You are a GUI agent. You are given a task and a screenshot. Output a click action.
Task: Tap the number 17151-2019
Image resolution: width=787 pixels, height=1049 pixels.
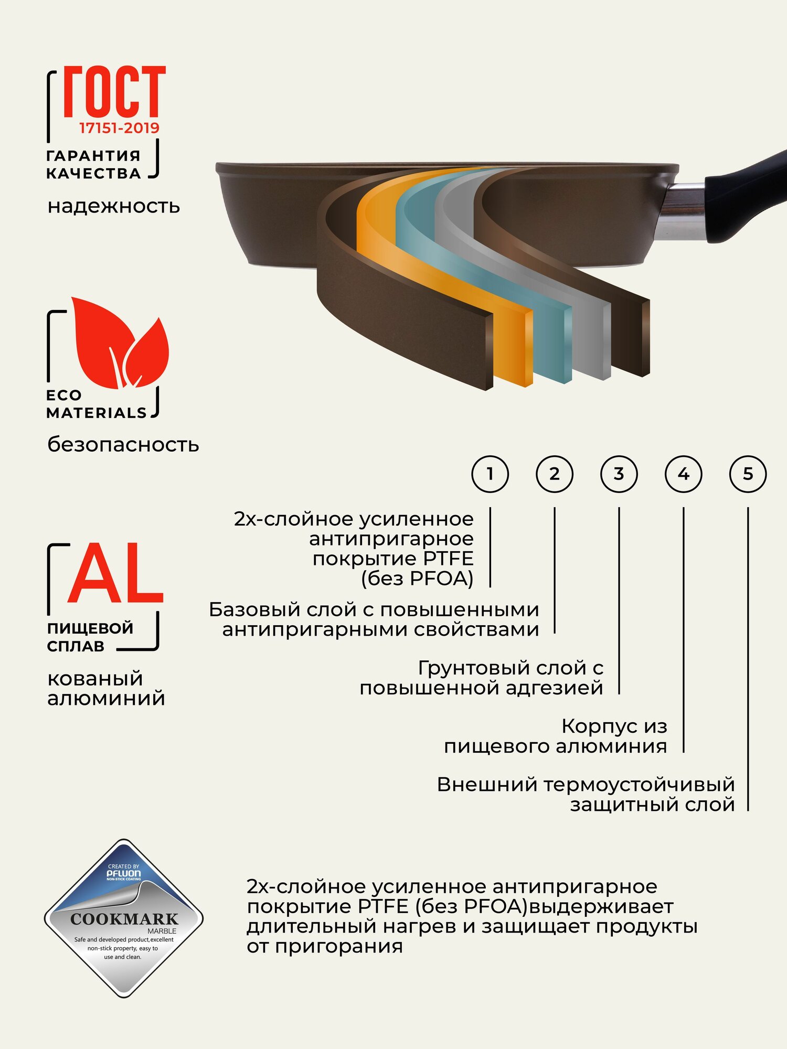[x=119, y=128]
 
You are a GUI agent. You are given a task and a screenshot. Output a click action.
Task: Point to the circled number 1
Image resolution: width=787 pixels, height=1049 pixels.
[x=490, y=474]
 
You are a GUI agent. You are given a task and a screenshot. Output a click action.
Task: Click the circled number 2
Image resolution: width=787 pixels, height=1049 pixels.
[x=555, y=474]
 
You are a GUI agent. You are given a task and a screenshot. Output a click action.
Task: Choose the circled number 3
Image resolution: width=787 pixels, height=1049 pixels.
[x=619, y=474]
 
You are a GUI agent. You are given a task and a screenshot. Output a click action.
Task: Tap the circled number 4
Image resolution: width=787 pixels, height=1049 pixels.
[x=684, y=474]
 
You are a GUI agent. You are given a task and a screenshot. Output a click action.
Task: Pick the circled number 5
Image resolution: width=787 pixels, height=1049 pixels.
[x=748, y=474]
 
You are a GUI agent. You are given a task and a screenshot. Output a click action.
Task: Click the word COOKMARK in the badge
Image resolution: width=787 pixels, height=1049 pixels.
[x=124, y=919]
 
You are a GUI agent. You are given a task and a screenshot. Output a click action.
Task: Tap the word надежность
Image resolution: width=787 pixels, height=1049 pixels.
[x=114, y=206]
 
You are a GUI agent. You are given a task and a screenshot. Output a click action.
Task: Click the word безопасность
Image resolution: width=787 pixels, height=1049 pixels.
[x=123, y=445]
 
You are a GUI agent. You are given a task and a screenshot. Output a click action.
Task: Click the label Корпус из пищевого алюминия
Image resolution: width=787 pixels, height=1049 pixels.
[x=556, y=736]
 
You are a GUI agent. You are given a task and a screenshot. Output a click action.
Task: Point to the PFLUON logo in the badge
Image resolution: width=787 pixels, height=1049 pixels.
[x=124, y=873]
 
